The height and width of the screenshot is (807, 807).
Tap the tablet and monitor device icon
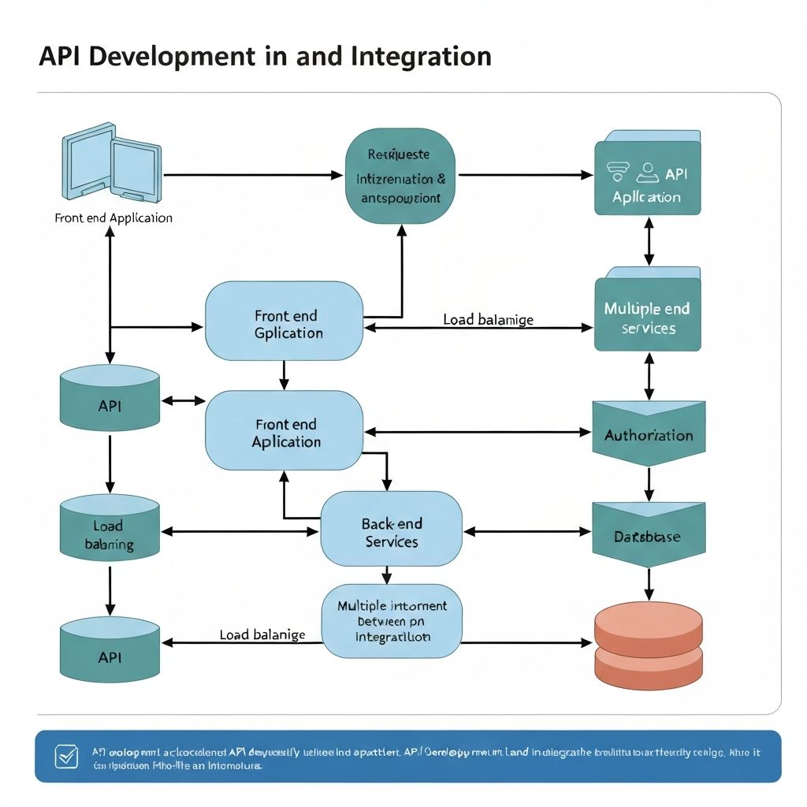110,161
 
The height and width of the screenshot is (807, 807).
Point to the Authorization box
648,434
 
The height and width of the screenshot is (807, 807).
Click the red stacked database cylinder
647,642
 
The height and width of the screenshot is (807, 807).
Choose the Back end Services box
391,533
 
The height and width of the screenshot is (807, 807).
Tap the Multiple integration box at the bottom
392,620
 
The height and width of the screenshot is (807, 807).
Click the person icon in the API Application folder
649,171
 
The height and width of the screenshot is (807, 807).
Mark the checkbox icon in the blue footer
65,757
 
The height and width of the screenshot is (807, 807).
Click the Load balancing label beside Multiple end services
488,319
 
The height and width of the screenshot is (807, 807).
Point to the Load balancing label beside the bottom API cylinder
262,634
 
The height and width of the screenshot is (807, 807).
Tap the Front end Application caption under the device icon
113,218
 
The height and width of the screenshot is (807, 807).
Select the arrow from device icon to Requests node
252,174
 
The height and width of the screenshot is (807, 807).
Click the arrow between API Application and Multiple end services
648,242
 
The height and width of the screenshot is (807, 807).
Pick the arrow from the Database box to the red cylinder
648,583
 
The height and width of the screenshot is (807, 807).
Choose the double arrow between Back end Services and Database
526,532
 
